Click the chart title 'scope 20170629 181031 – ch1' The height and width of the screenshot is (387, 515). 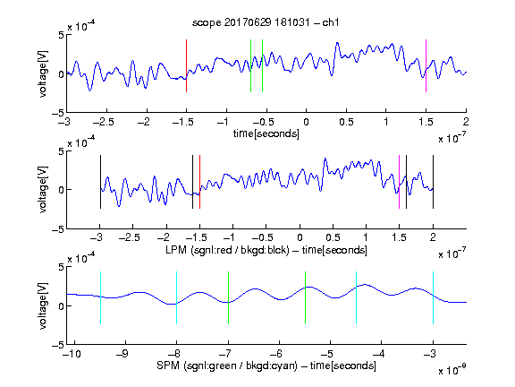click(x=266, y=22)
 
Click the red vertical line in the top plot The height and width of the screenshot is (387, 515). click(x=186, y=65)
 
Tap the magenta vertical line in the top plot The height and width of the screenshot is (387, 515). click(x=426, y=65)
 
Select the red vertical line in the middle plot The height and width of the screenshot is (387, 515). click(x=199, y=182)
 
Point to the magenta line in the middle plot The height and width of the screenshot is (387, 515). click(x=399, y=182)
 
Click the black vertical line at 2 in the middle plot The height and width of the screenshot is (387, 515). click(x=433, y=182)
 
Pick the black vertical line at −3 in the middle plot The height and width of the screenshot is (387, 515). click(x=100, y=182)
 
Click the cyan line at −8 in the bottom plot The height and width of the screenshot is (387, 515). click(x=177, y=297)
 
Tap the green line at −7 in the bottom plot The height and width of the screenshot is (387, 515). click(x=228, y=297)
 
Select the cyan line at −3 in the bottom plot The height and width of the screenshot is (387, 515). click(x=433, y=297)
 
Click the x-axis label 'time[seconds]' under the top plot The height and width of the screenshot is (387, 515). click(x=266, y=133)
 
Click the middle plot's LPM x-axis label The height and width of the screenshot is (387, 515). click(x=266, y=250)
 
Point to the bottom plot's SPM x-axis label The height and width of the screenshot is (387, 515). click(x=266, y=365)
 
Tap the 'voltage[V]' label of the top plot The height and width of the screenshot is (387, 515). click(x=43, y=73)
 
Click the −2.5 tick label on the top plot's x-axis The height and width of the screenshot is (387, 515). click(x=104, y=122)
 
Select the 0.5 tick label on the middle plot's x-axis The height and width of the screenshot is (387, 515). click(x=333, y=237)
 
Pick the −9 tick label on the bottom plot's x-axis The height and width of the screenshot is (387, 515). click(x=122, y=354)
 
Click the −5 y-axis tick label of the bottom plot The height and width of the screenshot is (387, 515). click(x=57, y=345)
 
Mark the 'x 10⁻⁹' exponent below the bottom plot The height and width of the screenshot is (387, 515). click(x=452, y=369)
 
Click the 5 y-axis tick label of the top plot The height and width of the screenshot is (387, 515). click(x=61, y=35)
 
